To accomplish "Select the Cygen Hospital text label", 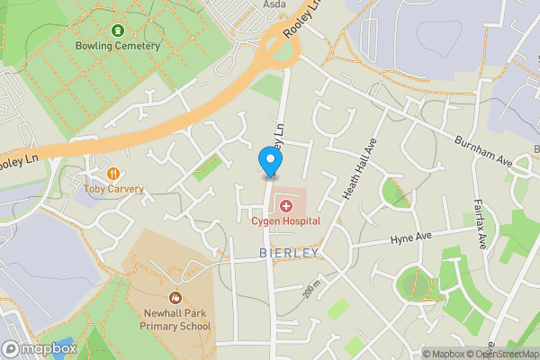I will (286, 221).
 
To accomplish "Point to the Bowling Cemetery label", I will (118, 45).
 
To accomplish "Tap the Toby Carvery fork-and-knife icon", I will (113, 174).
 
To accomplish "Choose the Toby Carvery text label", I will (113, 189).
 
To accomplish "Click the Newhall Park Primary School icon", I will (175, 297).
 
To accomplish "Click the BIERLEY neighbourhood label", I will (289, 254).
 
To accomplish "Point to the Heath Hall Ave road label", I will (358, 170).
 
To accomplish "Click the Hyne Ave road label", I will (411, 239).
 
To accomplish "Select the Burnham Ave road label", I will (482, 152).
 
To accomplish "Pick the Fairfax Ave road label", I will (481, 223).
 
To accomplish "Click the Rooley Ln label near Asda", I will (302, 18).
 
